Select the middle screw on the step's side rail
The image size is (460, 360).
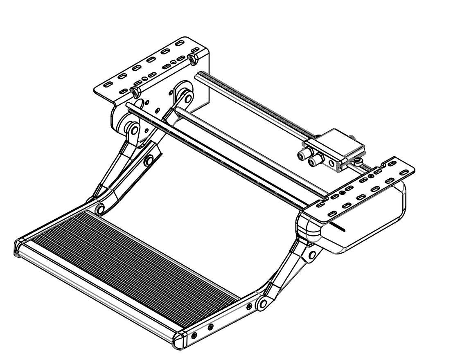coord(210,326)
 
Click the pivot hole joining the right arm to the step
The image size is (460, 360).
coord(263,304)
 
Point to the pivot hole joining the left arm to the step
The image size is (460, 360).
coord(99,209)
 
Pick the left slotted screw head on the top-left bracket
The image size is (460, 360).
coord(135,91)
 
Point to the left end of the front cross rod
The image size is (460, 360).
coord(128,106)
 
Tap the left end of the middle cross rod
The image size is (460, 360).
coord(179,109)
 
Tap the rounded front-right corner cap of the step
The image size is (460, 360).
coord(179,340)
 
